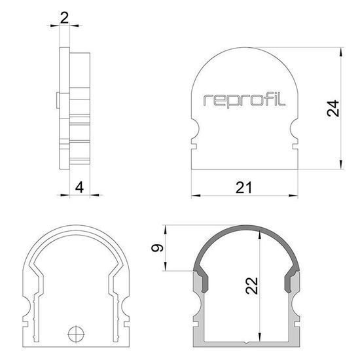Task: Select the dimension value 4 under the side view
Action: point(79,187)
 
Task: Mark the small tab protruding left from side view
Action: point(58,101)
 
